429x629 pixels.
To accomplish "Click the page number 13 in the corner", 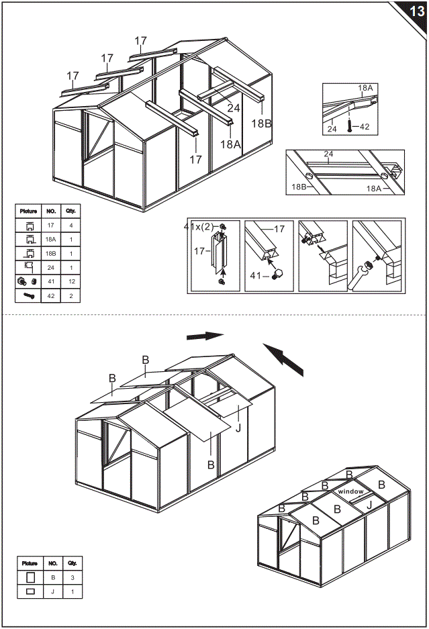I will tap(415, 11).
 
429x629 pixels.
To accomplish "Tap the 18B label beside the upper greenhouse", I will tap(262, 123).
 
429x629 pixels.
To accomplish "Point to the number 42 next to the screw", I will tap(365, 126).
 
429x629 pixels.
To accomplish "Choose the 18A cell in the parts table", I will tap(50, 240).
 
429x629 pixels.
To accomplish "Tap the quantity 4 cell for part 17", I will tap(70, 226).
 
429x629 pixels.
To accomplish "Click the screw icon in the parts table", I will tap(29, 295).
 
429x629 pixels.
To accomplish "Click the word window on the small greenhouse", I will tap(350, 492).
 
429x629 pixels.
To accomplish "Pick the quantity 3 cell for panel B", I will tap(72, 577).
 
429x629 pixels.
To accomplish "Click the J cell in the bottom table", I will tap(52, 591).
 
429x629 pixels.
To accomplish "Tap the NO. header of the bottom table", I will tap(52, 563).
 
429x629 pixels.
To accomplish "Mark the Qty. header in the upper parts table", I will tap(70, 211).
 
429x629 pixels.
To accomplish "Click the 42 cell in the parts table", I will tap(50, 295).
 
